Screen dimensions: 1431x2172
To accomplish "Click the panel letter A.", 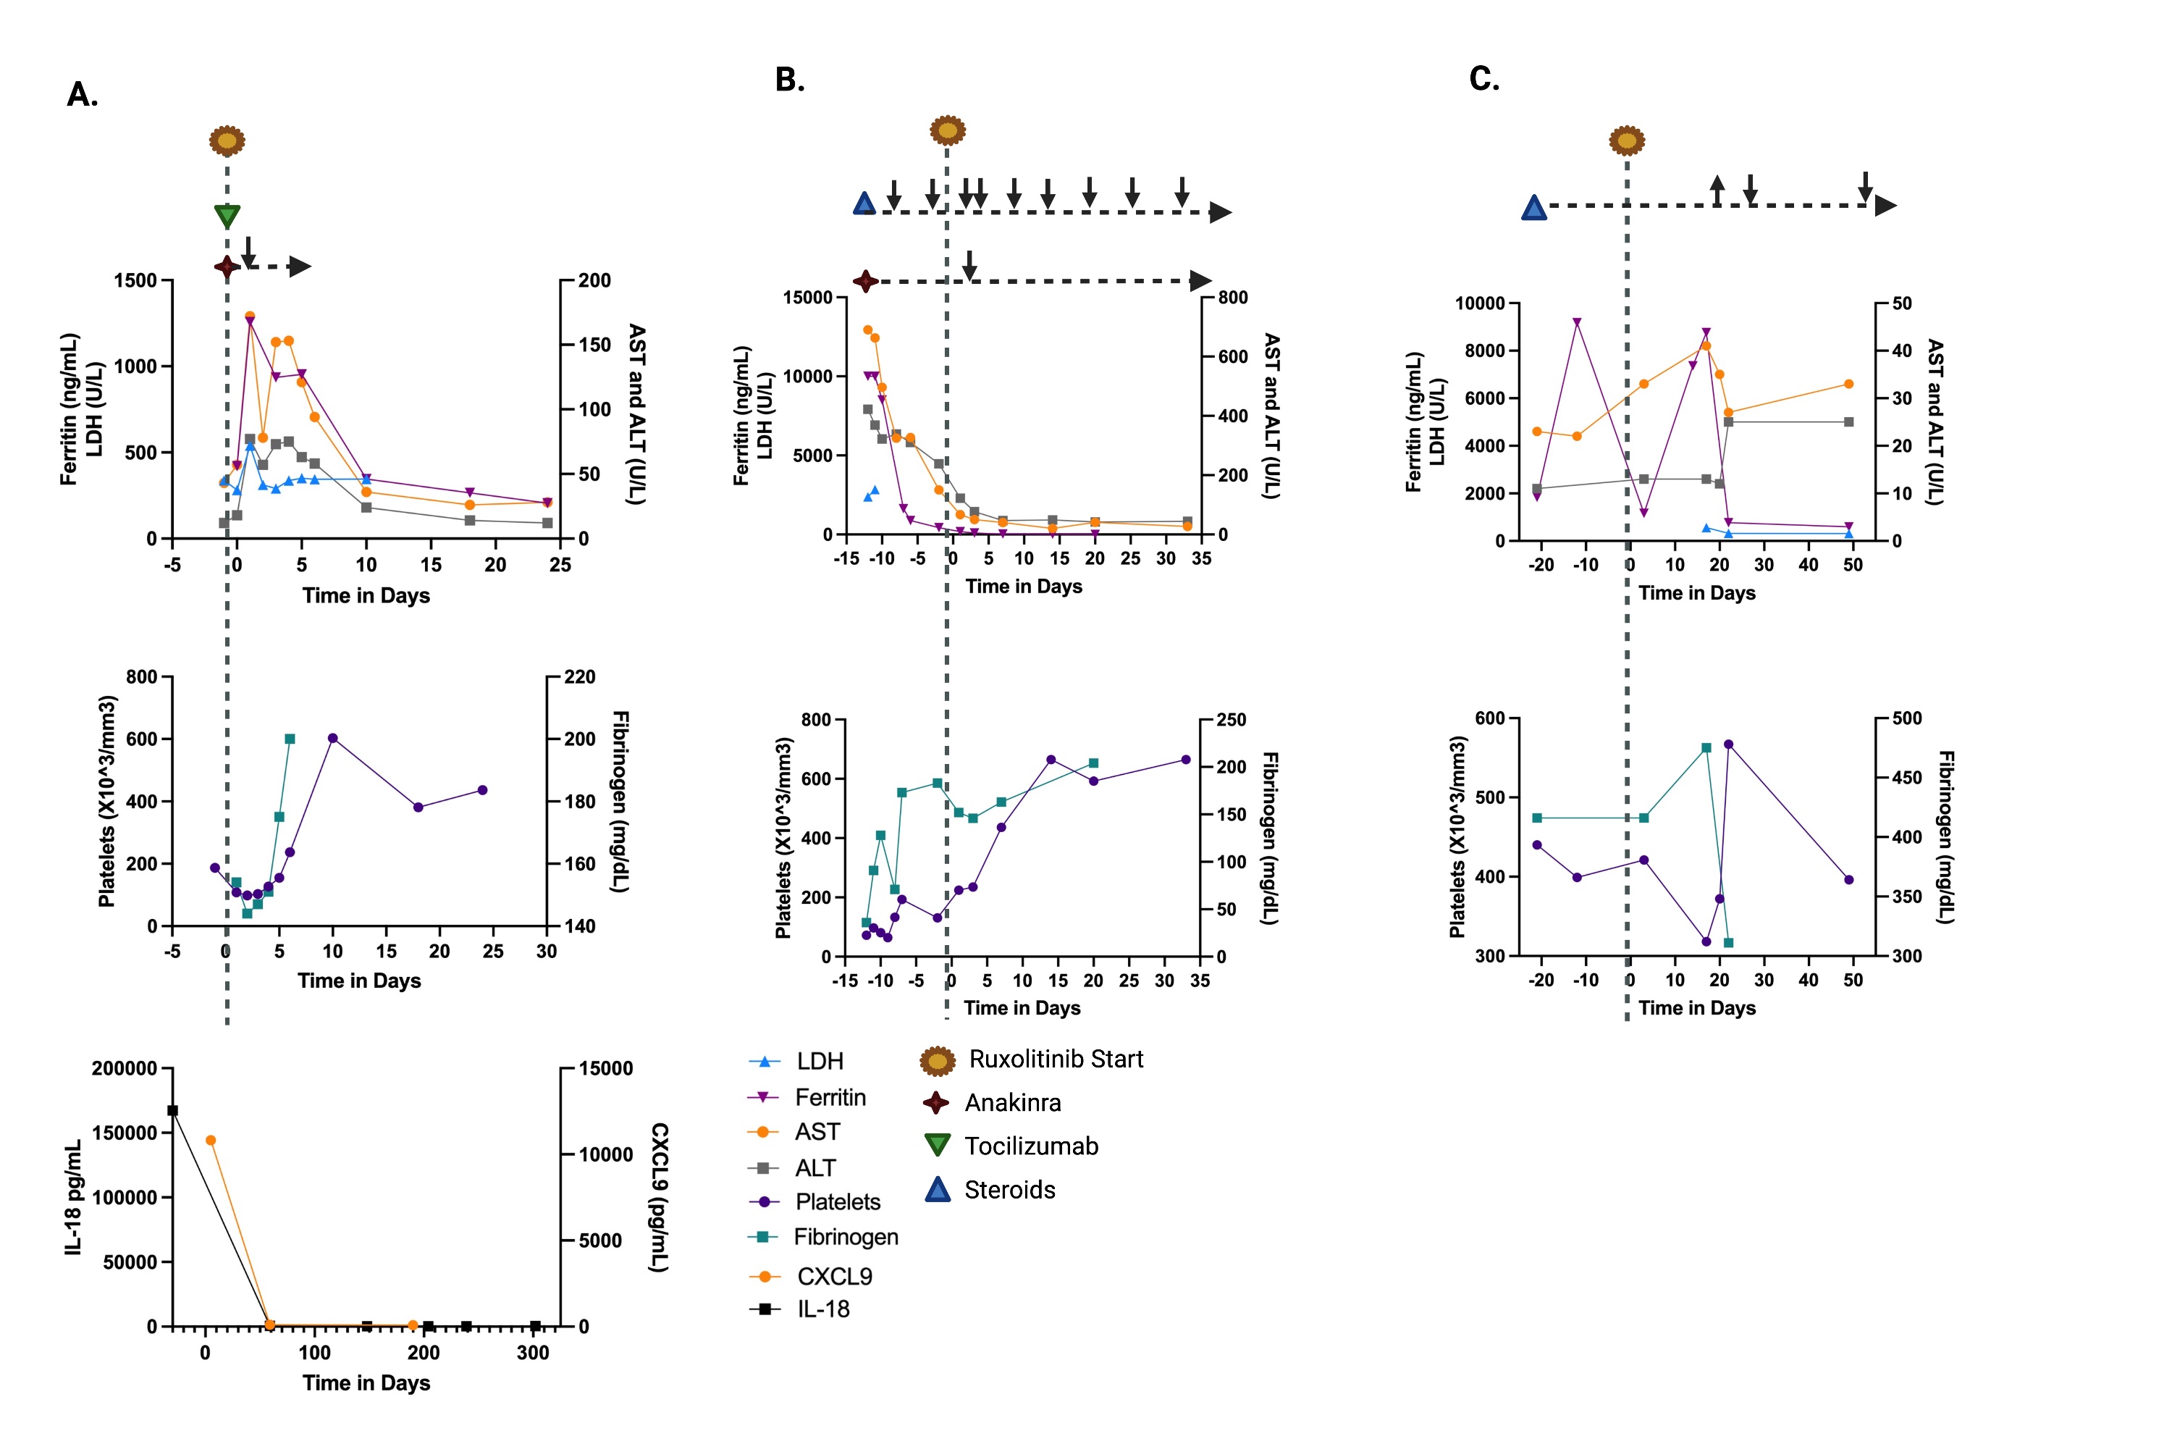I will [x=82, y=94].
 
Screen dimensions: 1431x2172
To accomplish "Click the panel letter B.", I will [x=789, y=80].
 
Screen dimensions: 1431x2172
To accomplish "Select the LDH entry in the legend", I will [x=819, y=1062].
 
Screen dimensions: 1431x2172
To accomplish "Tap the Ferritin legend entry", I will [x=830, y=1097].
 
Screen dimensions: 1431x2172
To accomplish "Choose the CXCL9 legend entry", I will [x=833, y=1276].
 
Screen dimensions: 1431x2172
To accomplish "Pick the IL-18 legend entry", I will [x=822, y=1309].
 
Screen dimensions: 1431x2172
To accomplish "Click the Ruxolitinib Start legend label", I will [x=1055, y=1059].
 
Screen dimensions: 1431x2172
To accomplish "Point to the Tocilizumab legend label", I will [x=1031, y=1146].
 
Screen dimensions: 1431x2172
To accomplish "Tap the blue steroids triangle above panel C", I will [x=1534, y=208].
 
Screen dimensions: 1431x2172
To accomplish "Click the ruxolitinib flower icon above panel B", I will [x=947, y=130].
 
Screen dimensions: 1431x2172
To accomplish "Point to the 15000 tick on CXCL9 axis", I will [x=605, y=1069].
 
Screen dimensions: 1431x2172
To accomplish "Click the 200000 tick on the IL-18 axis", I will [x=124, y=1069].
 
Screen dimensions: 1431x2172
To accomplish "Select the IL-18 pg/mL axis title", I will [x=73, y=1196].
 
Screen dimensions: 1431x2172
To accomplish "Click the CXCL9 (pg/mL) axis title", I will [x=659, y=1196].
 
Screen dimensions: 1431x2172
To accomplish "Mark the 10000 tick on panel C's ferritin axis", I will [x=1479, y=303].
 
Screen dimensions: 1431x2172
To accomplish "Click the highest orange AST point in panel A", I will [x=250, y=316].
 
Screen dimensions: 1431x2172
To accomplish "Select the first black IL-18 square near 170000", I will [x=172, y=1111].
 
